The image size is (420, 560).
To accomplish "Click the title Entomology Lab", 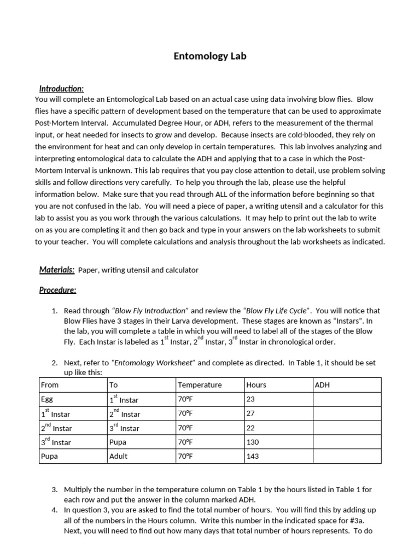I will click(x=210, y=56).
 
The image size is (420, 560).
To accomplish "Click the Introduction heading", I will click(x=61, y=89).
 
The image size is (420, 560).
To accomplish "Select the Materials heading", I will click(x=57, y=270).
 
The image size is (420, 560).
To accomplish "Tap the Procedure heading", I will click(x=57, y=290).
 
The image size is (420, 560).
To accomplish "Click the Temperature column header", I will click(x=200, y=385).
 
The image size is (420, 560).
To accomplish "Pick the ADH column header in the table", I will click(x=323, y=385).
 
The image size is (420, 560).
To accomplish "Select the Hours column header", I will click(x=256, y=385).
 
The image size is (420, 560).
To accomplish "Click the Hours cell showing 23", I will click(x=252, y=399).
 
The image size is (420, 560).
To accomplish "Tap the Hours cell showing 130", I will click(x=253, y=442).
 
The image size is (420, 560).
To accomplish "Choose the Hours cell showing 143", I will click(x=253, y=456).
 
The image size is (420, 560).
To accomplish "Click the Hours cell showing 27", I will click(x=252, y=413).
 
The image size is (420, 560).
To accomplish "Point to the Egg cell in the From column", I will click(x=48, y=399).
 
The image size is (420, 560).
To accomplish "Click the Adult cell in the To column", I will click(x=119, y=456).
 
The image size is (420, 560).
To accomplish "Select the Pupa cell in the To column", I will click(x=118, y=442).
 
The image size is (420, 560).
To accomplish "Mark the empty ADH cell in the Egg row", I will click(x=347, y=399).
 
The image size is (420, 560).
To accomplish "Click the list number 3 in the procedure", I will click(x=55, y=489).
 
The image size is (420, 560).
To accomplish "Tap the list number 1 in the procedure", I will click(x=55, y=311).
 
